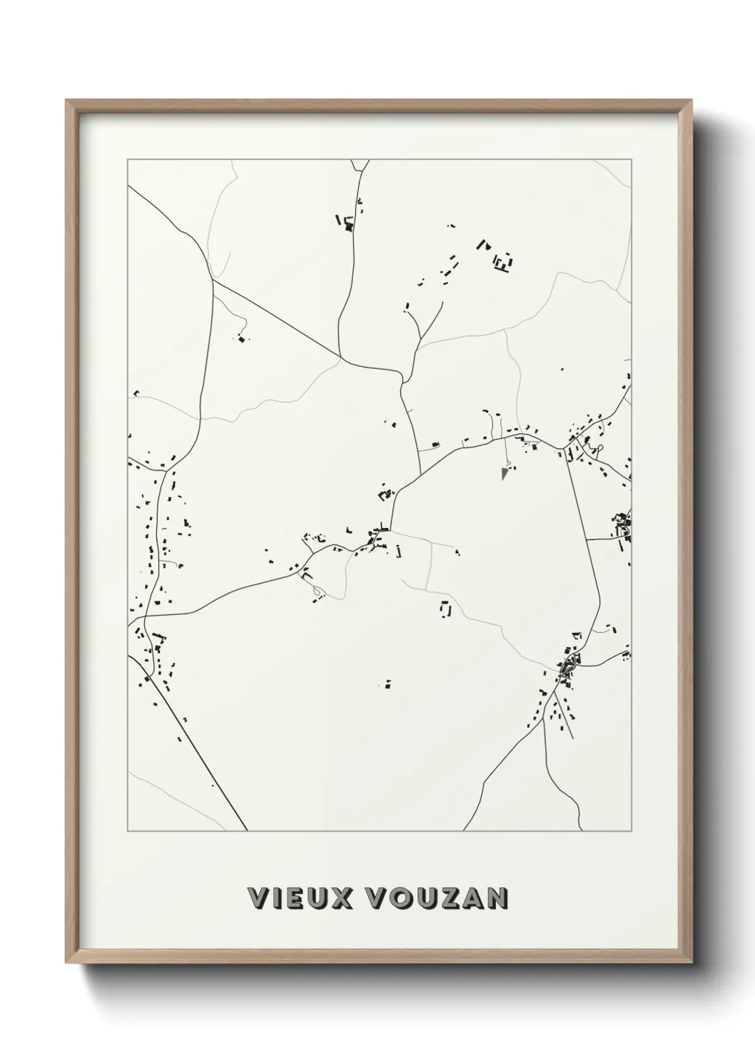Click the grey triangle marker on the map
(x=505, y=473)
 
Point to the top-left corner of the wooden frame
(x=66, y=101)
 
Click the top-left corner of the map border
(x=128, y=160)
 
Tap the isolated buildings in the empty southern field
(x=387, y=684)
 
